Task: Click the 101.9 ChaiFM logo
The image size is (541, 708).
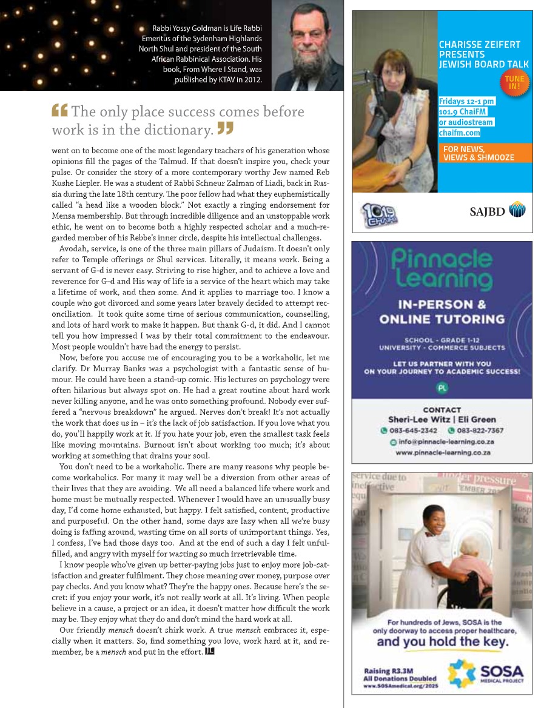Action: tap(380, 213)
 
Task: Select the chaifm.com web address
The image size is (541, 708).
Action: tap(459, 133)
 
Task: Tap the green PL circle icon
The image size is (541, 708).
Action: tap(442, 387)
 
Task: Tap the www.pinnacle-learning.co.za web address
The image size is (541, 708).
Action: tap(443, 452)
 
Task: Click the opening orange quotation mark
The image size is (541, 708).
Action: tap(59, 111)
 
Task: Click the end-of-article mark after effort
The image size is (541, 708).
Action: tap(210, 651)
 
